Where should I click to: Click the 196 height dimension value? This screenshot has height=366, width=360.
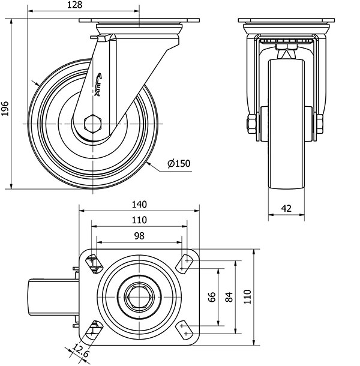pyautogui.click(x=5, y=108)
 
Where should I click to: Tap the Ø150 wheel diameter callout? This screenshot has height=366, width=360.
pyautogui.click(x=179, y=163)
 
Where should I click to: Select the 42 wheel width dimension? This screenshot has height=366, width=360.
pyautogui.click(x=286, y=208)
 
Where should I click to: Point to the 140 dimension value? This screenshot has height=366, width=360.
pyautogui.click(x=139, y=204)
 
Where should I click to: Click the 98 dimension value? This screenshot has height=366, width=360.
pyautogui.click(x=139, y=236)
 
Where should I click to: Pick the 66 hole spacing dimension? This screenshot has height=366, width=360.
pyautogui.click(x=212, y=297)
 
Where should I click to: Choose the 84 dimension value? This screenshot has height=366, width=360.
pyautogui.click(x=229, y=297)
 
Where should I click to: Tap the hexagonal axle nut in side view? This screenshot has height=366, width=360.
pyautogui.click(x=93, y=124)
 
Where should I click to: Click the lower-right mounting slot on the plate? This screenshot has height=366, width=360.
pyautogui.click(x=185, y=329)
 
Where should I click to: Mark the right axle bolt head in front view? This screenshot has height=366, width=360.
pyautogui.click(x=319, y=125)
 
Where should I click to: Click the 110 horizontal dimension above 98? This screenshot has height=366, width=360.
pyautogui.click(x=139, y=220)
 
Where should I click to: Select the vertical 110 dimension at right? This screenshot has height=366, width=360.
pyautogui.click(x=247, y=297)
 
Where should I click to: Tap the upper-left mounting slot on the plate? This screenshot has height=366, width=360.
pyautogui.click(x=94, y=263)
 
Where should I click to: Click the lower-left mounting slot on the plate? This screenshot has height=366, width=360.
pyautogui.click(x=94, y=329)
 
